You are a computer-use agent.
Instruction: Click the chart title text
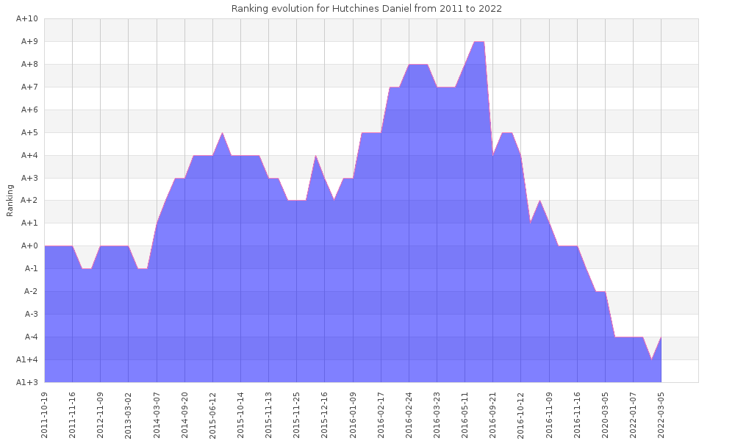pyautogui.click(x=367, y=9)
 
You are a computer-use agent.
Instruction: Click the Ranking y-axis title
pyautogui.click(x=10, y=200)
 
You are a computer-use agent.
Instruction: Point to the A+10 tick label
pyautogui.click(x=26, y=19)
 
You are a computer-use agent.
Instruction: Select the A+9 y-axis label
pyautogui.click(x=28, y=42)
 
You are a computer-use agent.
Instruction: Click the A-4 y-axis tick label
pyautogui.click(x=31, y=337)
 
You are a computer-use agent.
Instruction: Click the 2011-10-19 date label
pyautogui.click(x=45, y=414)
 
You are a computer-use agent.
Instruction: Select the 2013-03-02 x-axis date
pyautogui.click(x=129, y=414)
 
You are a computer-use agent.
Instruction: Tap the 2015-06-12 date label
pyautogui.click(x=213, y=414)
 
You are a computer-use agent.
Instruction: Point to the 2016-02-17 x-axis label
pyautogui.click(x=381, y=414)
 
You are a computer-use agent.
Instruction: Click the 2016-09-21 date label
pyautogui.click(x=493, y=414)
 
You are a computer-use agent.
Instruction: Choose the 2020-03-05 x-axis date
pyautogui.click(x=605, y=414)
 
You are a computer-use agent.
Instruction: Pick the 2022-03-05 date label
pyautogui.click(x=661, y=414)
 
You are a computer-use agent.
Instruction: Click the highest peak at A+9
pyautogui.click(x=478, y=43)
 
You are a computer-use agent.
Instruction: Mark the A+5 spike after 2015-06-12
pyautogui.click(x=222, y=133)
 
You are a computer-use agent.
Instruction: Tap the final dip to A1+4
pyautogui.click(x=651, y=359)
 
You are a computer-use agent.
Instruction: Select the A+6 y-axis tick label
pyautogui.click(x=28, y=110)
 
